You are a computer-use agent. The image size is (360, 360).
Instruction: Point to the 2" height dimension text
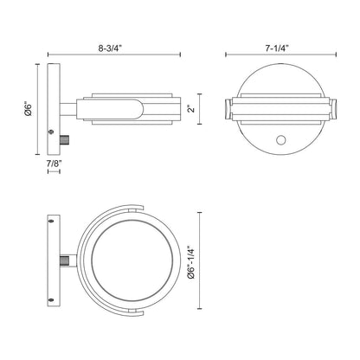coord(190,110)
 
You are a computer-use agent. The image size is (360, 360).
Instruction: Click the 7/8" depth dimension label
coord(54,163)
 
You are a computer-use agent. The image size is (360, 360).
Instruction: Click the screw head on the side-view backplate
coord(53,132)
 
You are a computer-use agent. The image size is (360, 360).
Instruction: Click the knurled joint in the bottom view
coord(66,260)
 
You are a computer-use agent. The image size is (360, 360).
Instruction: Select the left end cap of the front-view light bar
coord(229,110)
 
